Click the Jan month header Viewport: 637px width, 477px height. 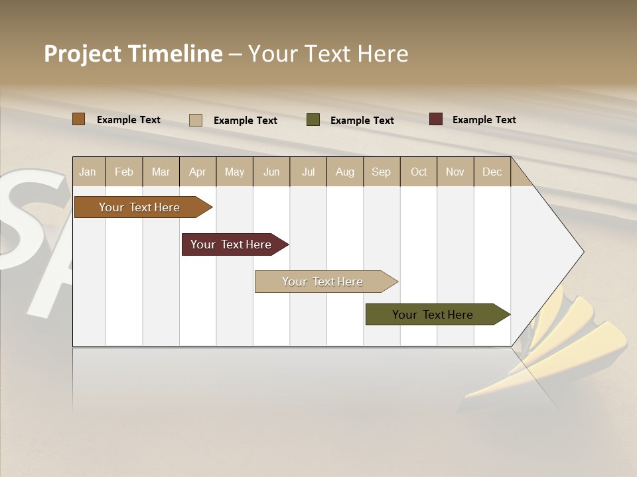tap(88, 172)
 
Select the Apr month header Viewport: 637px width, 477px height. tap(198, 172)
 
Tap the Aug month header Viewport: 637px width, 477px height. tap(345, 172)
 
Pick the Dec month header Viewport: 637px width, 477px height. tap(492, 172)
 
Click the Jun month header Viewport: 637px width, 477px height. tap(271, 172)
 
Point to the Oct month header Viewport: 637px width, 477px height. tap(419, 172)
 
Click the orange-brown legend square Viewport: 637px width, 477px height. tap(78, 119)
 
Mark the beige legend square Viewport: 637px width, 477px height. tap(195, 120)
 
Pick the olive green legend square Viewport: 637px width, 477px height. tap(313, 120)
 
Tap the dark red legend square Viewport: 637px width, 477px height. tap(435, 119)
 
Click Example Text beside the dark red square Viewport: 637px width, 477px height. tap(484, 120)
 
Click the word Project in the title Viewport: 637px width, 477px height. tap(83, 54)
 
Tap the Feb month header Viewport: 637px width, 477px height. tap(124, 172)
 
